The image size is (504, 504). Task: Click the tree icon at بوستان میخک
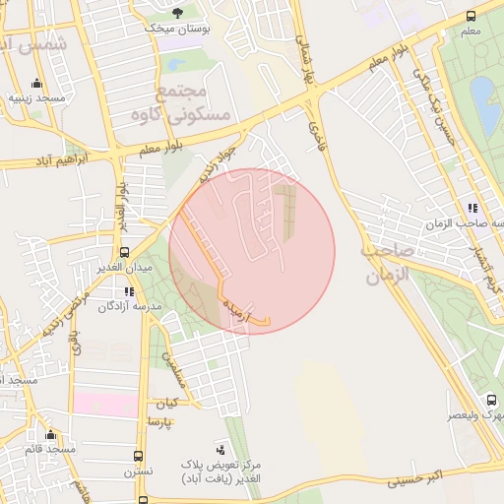click(x=177, y=12)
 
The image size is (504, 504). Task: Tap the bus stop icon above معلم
click(x=471, y=16)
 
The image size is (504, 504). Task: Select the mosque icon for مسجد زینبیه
click(x=37, y=83)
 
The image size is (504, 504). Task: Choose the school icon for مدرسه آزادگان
click(x=129, y=291)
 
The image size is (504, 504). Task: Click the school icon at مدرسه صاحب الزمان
click(x=472, y=208)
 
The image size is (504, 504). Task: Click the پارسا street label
click(x=159, y=421)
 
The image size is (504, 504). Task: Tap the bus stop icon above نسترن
click(x=138, y=457)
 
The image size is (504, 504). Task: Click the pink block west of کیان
click(x=105, y=404)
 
